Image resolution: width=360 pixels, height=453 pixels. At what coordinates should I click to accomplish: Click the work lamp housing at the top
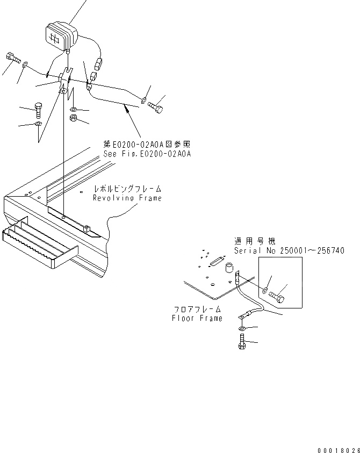[60, 36]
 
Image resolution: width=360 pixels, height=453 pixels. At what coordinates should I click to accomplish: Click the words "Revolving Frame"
[127, 198]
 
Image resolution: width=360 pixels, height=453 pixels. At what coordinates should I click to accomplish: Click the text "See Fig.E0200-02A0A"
[148, 154]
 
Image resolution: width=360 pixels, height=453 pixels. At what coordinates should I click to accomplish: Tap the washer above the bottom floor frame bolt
[241, 328]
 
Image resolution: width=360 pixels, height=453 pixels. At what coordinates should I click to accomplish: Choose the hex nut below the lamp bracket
[74, 118]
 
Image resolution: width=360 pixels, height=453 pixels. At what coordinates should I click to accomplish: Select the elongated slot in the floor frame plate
[215, 261]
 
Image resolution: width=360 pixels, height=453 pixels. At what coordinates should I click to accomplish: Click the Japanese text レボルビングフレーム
[127, 190]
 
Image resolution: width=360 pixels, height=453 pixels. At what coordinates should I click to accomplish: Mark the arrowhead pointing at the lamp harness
[126, 108]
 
